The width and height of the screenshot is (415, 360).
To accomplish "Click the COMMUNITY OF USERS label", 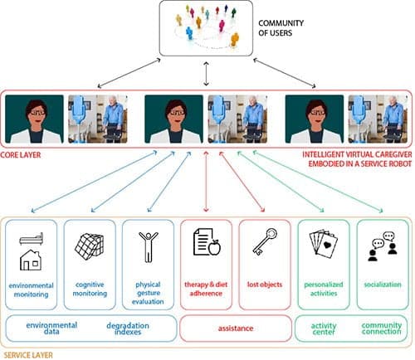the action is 281,28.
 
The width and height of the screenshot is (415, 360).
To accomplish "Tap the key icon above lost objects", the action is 265,241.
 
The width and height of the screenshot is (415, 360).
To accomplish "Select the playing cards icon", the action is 324,244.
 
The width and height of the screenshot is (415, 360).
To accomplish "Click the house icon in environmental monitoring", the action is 31,260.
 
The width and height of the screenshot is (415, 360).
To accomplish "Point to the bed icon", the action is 31,239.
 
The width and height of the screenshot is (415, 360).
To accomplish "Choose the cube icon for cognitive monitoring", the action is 90,246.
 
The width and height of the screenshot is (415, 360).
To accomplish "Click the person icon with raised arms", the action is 149,246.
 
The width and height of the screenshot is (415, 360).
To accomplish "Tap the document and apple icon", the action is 207,241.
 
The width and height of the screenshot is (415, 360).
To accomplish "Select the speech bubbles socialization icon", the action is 383,246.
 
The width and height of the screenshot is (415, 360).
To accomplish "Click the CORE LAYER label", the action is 21,155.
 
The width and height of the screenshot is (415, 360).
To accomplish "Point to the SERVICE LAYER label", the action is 28,355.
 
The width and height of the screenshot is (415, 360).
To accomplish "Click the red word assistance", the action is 236,328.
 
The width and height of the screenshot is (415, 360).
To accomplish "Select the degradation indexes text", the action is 128,328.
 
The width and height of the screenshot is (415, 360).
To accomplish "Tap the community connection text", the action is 382,328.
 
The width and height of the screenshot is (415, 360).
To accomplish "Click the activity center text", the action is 324,328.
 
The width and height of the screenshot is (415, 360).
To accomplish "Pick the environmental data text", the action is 51,328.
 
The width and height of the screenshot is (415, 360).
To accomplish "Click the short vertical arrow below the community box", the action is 206,74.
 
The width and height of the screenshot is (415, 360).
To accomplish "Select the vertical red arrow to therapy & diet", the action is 206,182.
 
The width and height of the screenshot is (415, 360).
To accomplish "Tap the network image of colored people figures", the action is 206,27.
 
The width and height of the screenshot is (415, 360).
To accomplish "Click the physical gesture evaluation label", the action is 148,293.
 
